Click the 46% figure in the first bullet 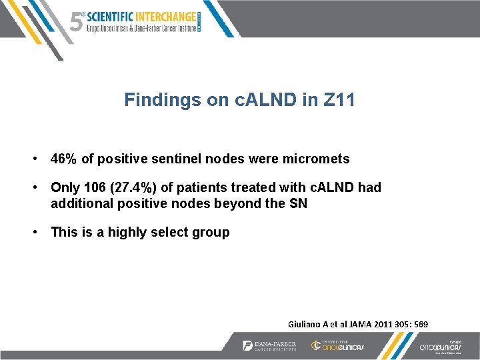[x=64, y=159]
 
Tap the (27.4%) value [x=133, y=188]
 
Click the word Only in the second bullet [x=65, y=188]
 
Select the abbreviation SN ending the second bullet [x=298, y=204]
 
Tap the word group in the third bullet [x=212, y=233]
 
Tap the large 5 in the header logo [x=77, y=21]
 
